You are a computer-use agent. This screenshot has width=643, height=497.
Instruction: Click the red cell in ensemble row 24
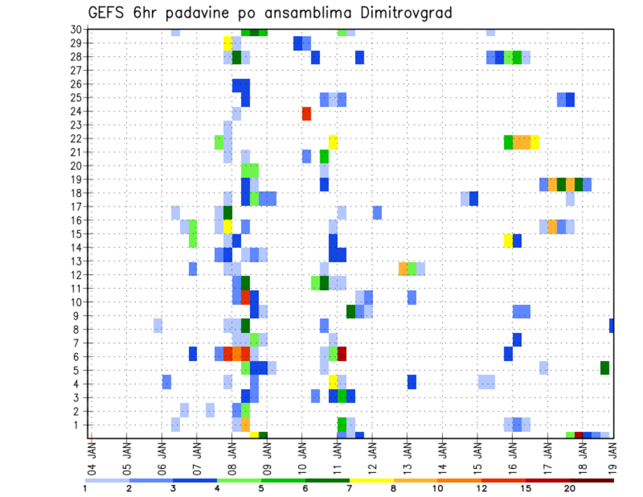[306, 113]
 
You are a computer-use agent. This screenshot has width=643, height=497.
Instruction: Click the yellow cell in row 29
[228, 44]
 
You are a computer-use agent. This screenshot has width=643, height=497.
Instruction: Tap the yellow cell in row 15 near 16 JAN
[508, 240]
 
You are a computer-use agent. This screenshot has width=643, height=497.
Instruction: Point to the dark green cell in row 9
[350, 311]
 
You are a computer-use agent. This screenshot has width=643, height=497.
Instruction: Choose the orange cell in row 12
[403, 269]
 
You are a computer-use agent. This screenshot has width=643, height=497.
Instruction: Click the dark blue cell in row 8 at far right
[612, 326]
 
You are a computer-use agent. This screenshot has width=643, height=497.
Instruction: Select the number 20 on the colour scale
[569, 488]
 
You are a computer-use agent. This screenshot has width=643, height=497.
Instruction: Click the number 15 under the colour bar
[525, 488]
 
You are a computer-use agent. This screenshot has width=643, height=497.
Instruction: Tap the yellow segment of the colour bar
[371, 480]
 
